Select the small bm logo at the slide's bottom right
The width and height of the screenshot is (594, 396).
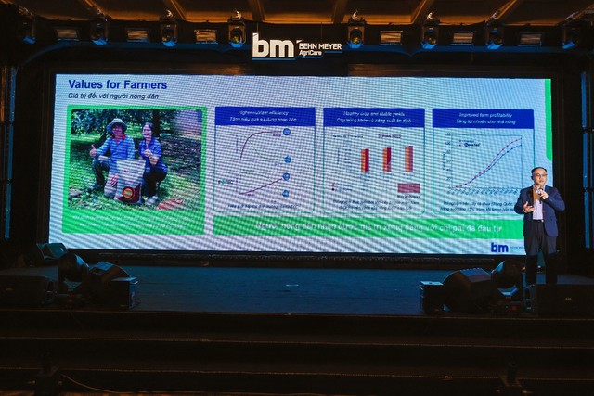pyautogui.click(x=499, y=247)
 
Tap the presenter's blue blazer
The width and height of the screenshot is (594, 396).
pyautogui.click(x=540, y=208)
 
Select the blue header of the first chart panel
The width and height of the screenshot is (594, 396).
pyautogui.click(x=252, y=115)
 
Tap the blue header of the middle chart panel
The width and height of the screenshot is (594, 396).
pyautogui.click(x=373, y=117)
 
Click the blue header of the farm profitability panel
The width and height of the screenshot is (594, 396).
pyautogui.click(x=483, y=118)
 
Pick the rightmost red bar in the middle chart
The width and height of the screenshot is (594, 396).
pyautogui.click(x=408, y=159)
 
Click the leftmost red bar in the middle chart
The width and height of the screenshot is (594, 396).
pyautogui.click(x=365, y=160)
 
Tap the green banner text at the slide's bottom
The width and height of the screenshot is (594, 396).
pyautogui.click(x=371, y=225)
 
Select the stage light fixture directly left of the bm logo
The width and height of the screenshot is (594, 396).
pyautogui.click(x=237, y=31)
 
